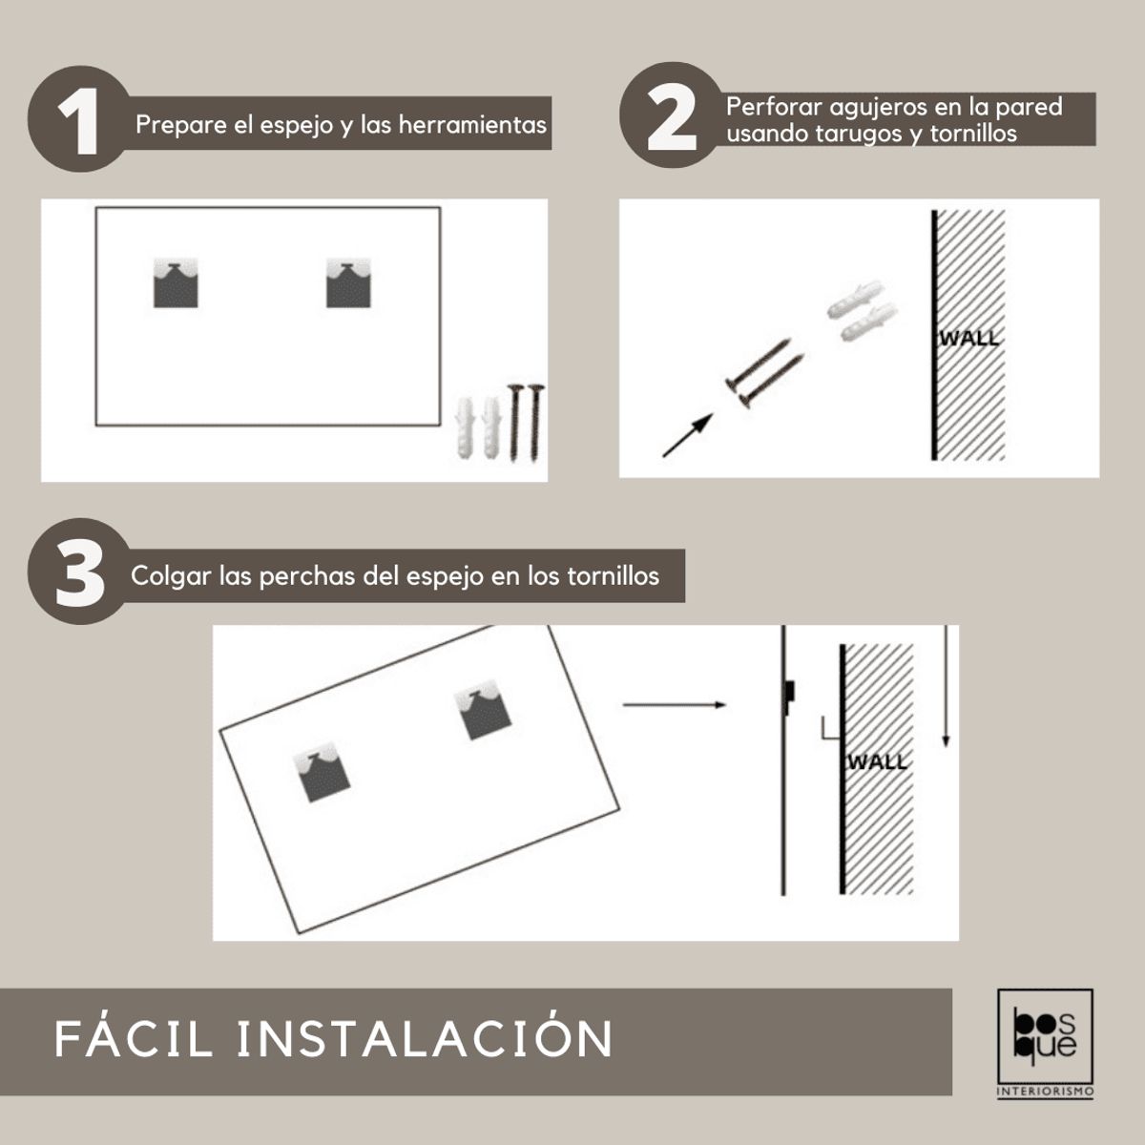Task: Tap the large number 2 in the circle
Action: [672, 117]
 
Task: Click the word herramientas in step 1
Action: [472, 125]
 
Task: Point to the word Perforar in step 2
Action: [774, 107]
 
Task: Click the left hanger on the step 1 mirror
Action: [176, 282]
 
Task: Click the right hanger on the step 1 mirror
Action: [348, 282]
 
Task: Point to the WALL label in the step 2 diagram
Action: [969, 338]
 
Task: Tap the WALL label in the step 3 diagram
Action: [877, 761]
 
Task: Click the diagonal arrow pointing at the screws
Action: [687, 435]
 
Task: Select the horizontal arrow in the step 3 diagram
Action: [675, 705]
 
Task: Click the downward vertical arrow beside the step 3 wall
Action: [946, 686]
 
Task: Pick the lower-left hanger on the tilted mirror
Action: [323, 772]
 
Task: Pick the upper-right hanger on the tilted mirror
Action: [483, 710]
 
